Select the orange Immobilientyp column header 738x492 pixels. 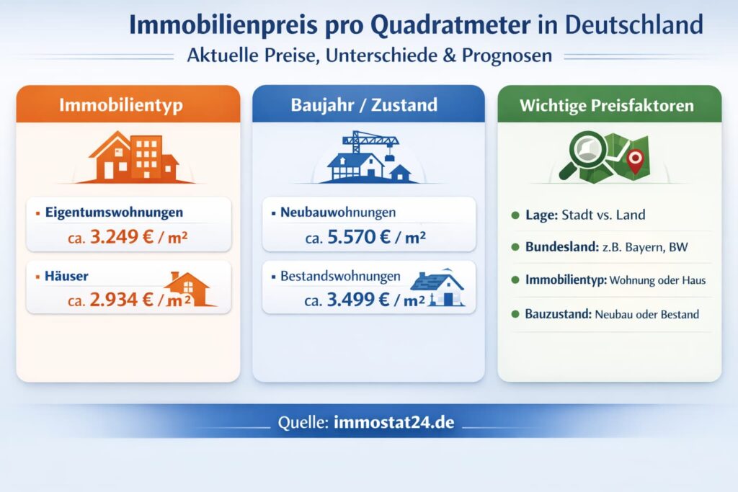pos(128,104)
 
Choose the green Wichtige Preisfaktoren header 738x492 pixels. pos(609,104)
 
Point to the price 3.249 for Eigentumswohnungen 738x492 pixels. pos(122,236)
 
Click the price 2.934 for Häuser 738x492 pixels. pos(121,299)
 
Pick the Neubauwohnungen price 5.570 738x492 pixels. pos(359,236)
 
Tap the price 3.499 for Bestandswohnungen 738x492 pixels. pos(357,299)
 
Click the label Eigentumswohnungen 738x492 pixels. pos(114,212)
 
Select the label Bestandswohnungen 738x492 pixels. pos(340,276)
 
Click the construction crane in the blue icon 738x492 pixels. pos(370,142)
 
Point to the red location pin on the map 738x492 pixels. pos(635,161)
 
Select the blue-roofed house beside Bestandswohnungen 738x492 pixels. pos(437,287)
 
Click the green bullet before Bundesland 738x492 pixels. pos(515,247)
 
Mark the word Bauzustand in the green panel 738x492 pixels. pos(559,314)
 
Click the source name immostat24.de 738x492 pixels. pos(394,422)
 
